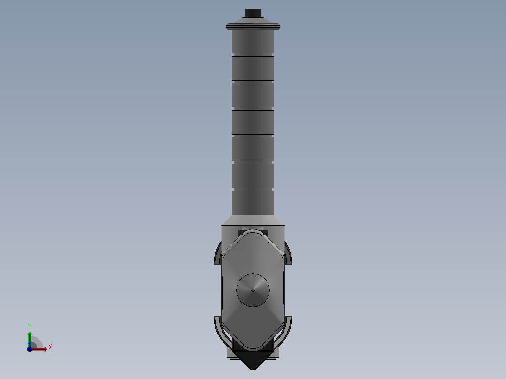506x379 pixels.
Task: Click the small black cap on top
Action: (253, 13)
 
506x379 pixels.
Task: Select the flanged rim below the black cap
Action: (253, 26)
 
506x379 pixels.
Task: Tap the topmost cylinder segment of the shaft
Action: (253, 41)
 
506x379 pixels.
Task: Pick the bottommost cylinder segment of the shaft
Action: (253, 203)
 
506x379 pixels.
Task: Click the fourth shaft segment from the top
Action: (253, 122)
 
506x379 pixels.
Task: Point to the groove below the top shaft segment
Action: (253, 55)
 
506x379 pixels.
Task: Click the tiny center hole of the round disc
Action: (253, 290)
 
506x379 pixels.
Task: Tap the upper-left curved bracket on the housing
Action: (218, 253)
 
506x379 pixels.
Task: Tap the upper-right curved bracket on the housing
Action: (289, 253)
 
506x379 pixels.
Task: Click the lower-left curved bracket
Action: (219, 328)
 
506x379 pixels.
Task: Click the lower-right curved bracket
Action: (287, 328)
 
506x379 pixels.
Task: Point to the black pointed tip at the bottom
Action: (253, 362)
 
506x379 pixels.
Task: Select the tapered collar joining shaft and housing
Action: (253, 220)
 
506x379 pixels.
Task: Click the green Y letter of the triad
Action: (29, 326)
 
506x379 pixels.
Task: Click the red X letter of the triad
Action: (50, 347)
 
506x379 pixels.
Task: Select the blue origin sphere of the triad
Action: (30, 349)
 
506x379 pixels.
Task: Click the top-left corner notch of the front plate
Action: (223, 256)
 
